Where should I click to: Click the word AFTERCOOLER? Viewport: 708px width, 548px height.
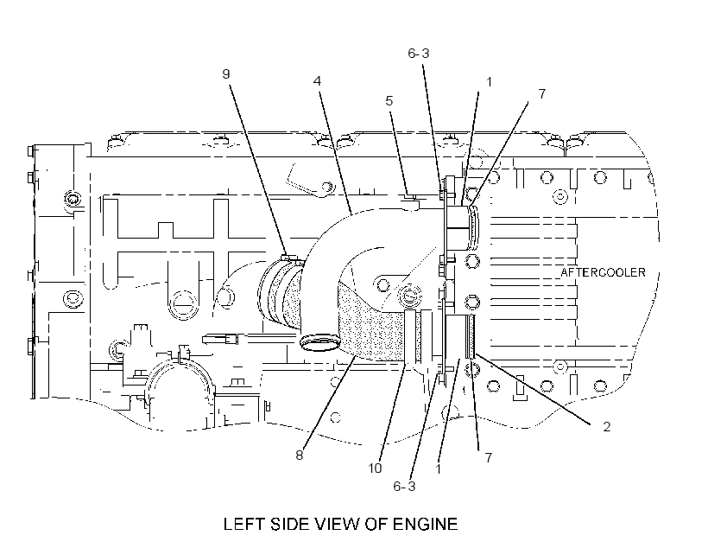click(603, 272)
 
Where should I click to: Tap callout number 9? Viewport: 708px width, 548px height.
click(226, 73)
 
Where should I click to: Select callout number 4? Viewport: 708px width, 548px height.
click(317, 81)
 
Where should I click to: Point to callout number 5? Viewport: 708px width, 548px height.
click(389, 100)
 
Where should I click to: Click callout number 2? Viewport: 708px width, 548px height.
click(606, 426)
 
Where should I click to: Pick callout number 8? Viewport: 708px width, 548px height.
click(299, 456)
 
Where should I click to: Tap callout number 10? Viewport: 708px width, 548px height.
click(375, 468)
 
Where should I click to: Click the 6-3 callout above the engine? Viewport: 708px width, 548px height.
click(419, 54)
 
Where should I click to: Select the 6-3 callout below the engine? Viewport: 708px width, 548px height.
click(404, 486)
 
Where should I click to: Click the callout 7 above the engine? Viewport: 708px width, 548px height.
click(542, 93)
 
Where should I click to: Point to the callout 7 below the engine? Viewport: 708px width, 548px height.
click(488, 457)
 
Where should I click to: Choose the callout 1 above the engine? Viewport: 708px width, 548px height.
click(489, 82)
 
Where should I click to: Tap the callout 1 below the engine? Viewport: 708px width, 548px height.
click(438, 468)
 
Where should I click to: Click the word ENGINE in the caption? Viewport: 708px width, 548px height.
click(425, 524)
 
